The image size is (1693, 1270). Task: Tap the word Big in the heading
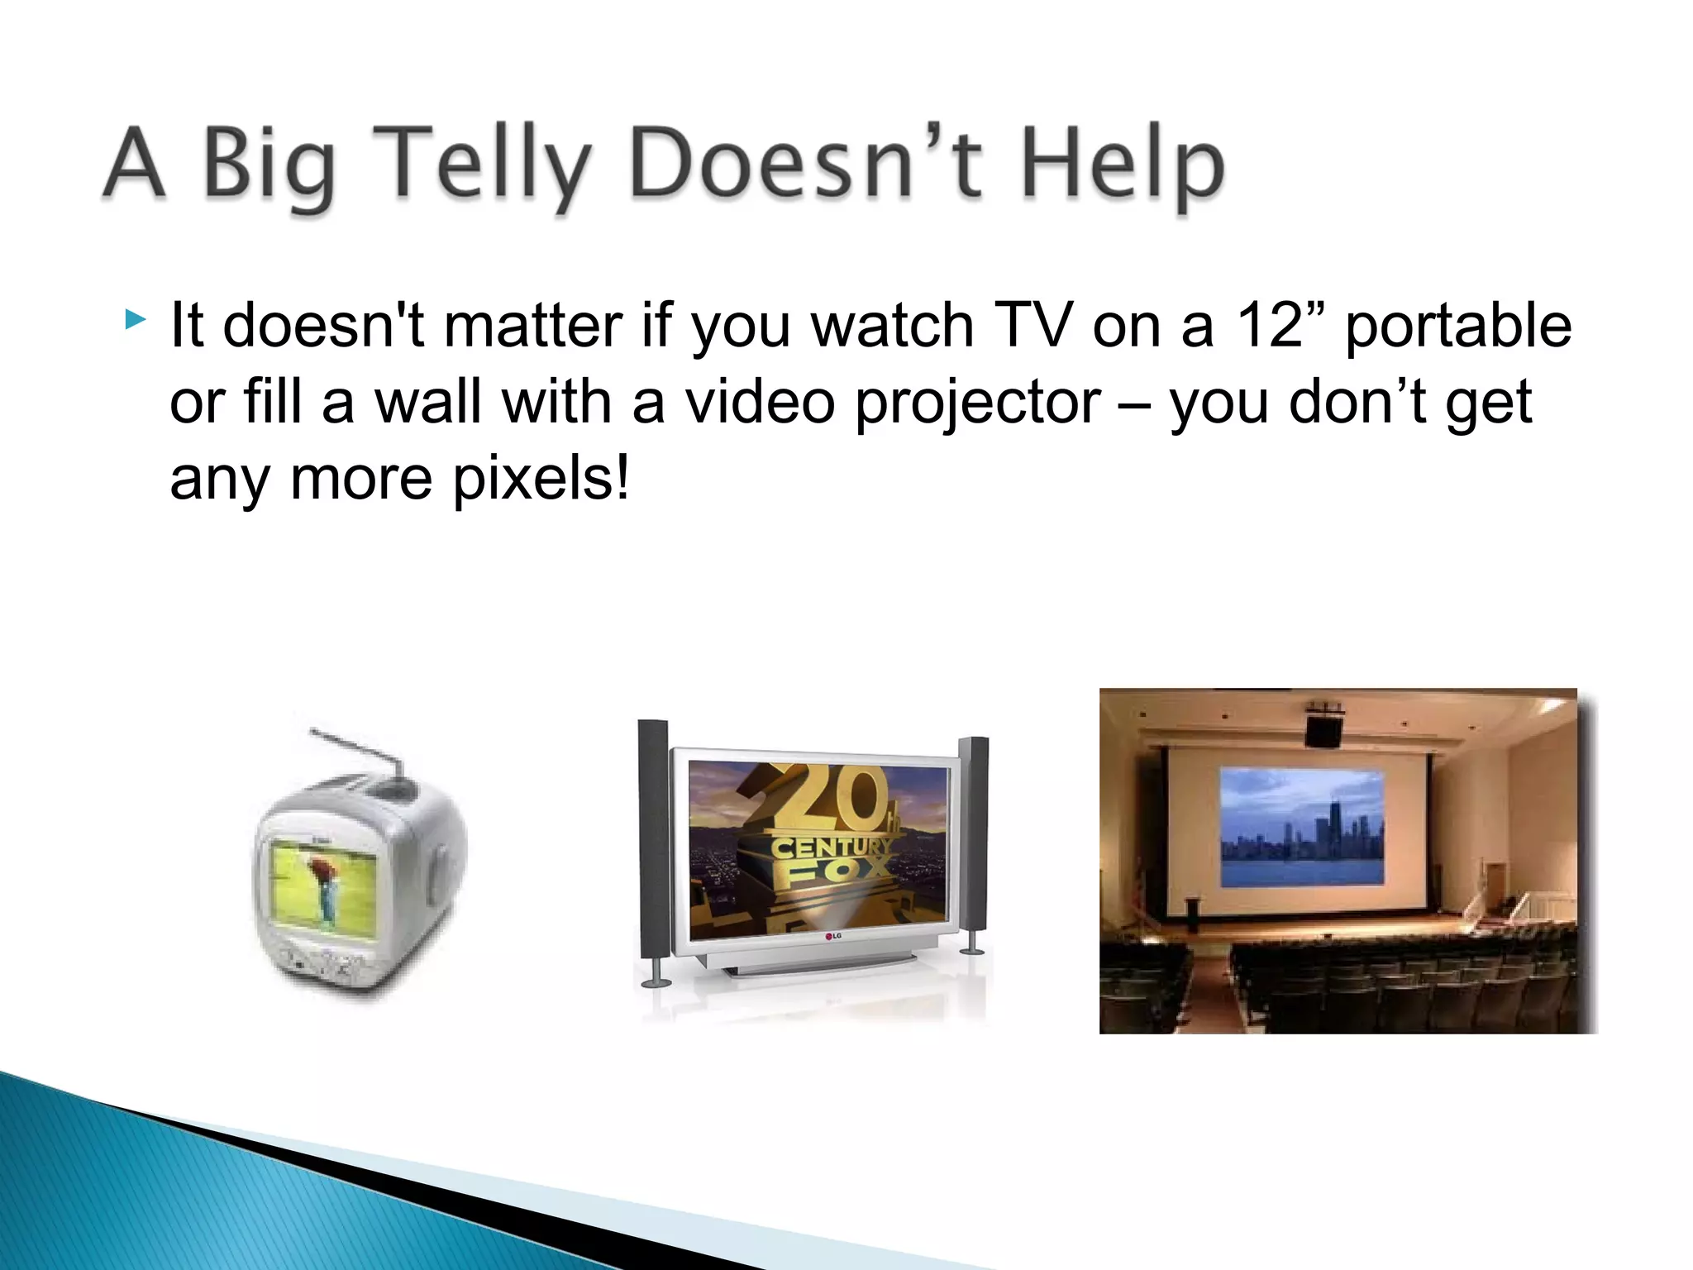click(x=269, y=165)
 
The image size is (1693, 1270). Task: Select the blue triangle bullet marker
click(x=135, y=319)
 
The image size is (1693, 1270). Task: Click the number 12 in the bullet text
click(x=1269, y=325)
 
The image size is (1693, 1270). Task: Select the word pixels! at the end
click(x=541, y=480)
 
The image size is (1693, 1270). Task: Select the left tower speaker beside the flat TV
click(x=654, y=843)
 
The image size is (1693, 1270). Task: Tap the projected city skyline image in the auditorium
click(x=1302, y=827)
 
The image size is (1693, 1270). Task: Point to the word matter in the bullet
click(x=533, y=325)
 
